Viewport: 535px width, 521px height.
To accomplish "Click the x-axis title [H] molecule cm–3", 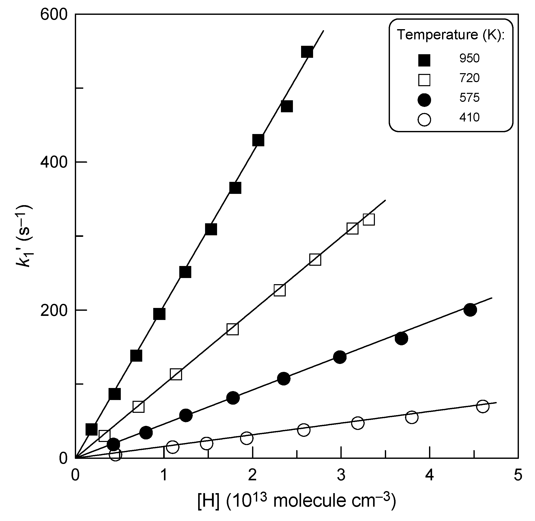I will (296, 501).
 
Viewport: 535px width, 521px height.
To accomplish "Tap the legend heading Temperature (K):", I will (450, 35).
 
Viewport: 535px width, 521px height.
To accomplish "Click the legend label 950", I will (469, 58).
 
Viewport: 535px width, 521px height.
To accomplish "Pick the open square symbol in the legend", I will (424, 80).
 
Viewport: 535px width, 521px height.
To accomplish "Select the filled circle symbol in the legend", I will (424, 99).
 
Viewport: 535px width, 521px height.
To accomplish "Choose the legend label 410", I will (469, 117).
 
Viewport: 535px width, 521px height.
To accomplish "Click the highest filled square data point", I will (307, 52).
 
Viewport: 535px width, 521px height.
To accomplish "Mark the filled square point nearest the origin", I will (91, 429).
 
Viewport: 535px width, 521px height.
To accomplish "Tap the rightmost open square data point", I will (368, 219).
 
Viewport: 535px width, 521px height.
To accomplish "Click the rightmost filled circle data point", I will (470, 310).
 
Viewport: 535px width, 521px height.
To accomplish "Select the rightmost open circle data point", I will (483, 406).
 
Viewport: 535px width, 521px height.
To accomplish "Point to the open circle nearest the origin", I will (115, 455).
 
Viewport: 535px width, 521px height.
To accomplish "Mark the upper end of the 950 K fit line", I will (324, 31).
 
